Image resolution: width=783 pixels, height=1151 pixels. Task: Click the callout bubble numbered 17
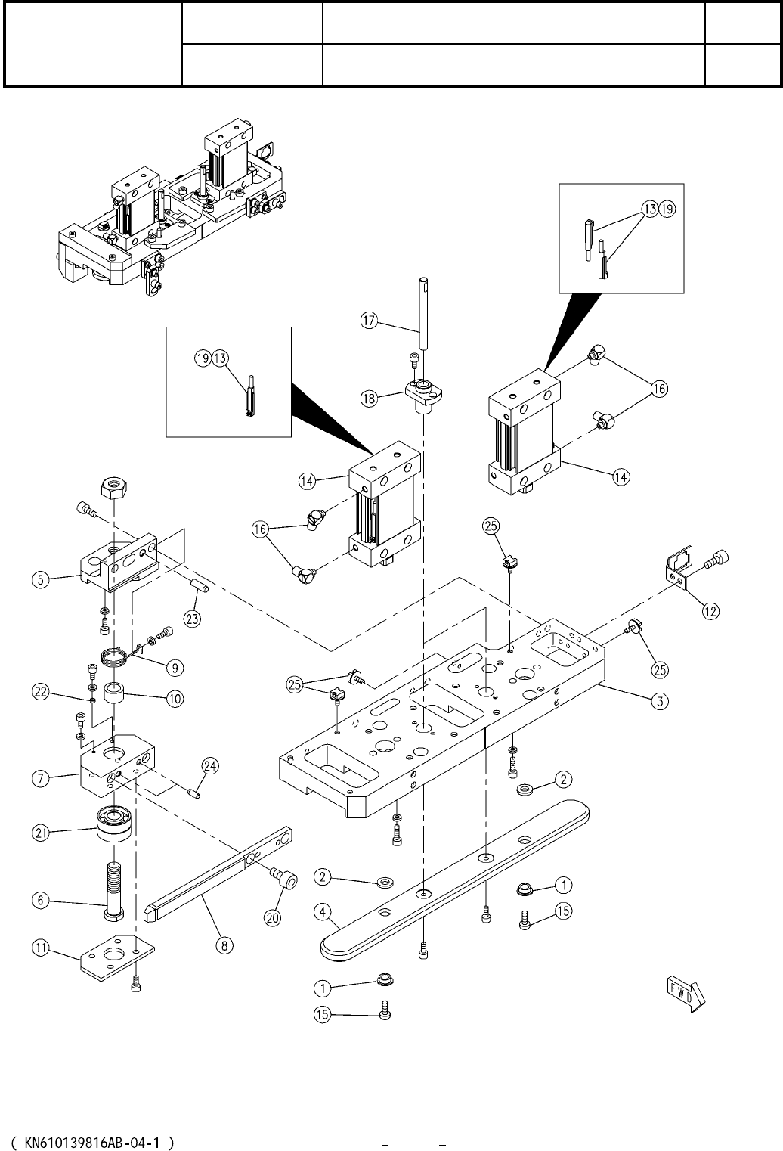click(x=369, y=321)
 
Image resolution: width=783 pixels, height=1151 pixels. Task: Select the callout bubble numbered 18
click(x=369, y=399)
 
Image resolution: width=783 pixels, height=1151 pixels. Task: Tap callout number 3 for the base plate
click(x=660, y=702)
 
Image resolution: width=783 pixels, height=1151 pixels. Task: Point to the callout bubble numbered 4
click(x=323, y=914)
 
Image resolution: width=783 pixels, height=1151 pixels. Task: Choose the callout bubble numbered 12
click(x=710, y=612)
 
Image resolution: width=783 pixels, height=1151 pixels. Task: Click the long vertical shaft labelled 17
click(x=420, y=306)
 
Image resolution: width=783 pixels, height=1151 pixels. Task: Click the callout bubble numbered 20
click(x=273, y=917)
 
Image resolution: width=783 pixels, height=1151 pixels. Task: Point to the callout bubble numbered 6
click(x=42, y=900)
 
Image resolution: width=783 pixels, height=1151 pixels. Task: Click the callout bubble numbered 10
click(x=174, y=698)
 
